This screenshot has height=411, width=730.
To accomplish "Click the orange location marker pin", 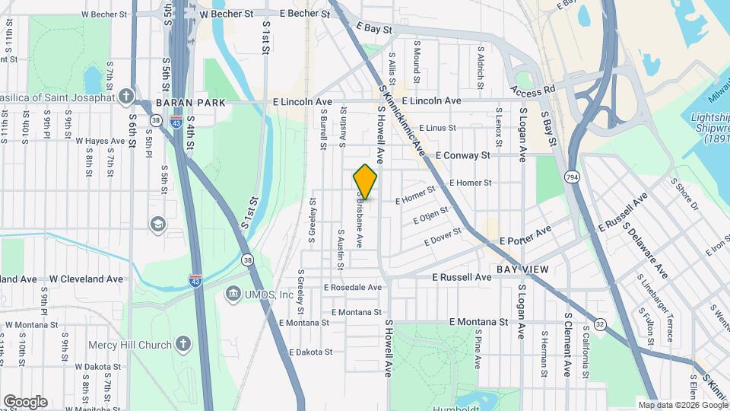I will [366, 181].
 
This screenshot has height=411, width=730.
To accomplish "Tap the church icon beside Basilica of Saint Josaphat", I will [126, 96].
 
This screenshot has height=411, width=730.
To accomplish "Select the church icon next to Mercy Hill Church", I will [182, 344].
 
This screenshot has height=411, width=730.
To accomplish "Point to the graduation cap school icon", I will [157, 224].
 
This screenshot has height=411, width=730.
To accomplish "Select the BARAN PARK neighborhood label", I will [187, 102].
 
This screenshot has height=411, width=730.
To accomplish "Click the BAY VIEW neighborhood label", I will [522, 269].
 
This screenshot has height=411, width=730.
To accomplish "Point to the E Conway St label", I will [462, 155].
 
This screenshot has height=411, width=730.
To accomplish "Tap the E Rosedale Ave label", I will [352, 288].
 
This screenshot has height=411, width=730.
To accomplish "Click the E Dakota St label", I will [311, 352].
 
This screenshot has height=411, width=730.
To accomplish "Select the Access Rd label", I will [534, 89].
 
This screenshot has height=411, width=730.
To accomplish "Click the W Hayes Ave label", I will [100, 141].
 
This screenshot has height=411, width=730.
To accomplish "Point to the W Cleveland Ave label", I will [86, 279].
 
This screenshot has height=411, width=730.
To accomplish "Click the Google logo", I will [25, 402].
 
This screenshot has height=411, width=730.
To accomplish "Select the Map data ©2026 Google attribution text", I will [682, 405].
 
